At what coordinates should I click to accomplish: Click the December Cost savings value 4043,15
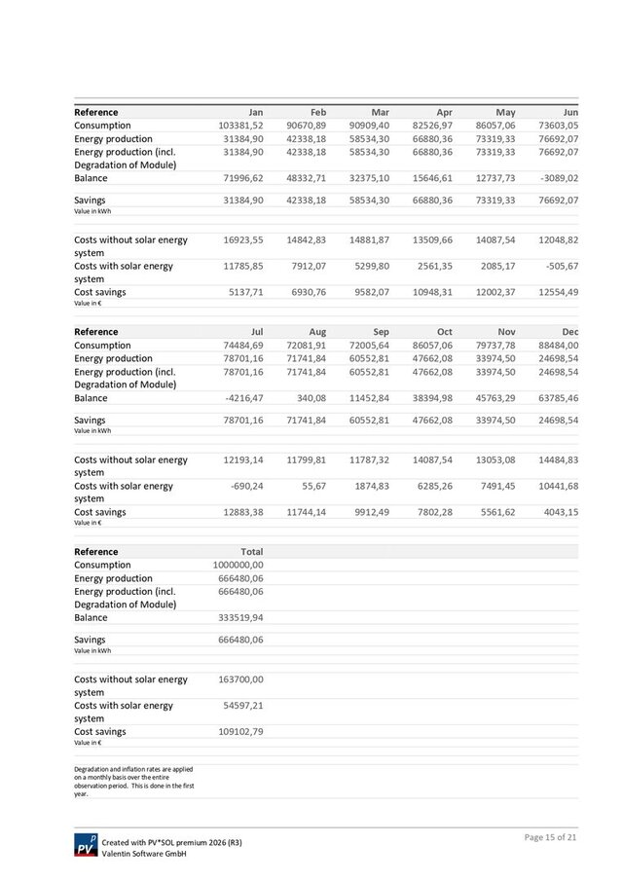click(x=558, y=512)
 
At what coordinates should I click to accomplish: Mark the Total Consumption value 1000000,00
click(x=238, y=565)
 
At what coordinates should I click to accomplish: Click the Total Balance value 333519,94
click(x=240, y=617)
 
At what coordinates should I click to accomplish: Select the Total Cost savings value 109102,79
click(x=240, y=731)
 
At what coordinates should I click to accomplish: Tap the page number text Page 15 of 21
click(x=552, y=837)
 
